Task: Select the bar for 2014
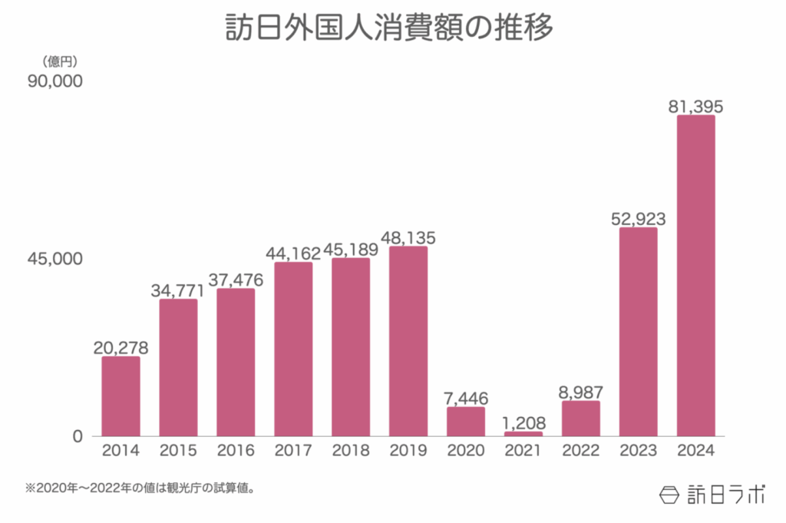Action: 121,396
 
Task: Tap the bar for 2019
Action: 408,341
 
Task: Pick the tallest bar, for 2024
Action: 696,276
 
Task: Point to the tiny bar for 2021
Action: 523,434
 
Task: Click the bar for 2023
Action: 639,332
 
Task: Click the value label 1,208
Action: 523,422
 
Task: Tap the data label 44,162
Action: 293,253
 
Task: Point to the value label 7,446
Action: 466,398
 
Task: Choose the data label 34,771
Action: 179,290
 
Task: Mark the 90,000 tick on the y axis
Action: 54,81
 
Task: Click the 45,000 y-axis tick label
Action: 54,259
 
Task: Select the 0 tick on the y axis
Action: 77,436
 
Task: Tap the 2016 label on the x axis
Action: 236,451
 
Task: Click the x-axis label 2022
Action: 581,451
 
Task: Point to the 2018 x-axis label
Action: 351,451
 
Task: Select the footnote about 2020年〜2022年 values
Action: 139,488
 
